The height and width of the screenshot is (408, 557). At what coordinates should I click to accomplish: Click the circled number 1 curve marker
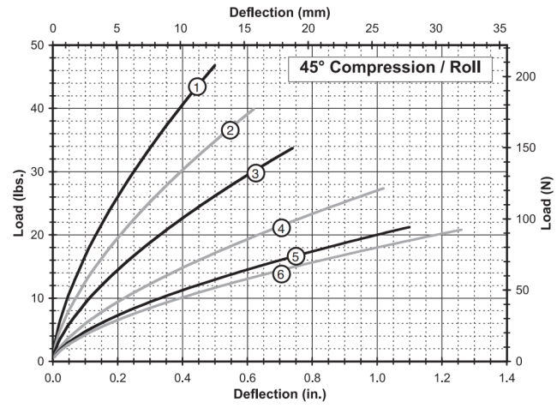coord(197,86)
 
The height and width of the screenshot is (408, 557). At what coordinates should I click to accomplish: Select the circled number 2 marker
coord(230,130)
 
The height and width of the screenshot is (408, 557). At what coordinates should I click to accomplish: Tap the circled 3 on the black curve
coord(255,173)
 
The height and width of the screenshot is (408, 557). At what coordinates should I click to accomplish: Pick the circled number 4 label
coord(280,228)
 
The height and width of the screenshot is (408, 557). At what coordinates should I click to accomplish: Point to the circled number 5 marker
coord(295,255)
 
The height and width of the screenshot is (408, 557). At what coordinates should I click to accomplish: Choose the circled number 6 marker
coord(280,273)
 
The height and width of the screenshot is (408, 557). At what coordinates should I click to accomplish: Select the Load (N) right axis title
coord(545,203)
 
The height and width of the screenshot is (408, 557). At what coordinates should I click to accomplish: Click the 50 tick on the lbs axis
coord(38,45)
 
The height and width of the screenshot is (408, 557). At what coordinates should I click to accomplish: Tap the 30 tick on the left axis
coord(38,171)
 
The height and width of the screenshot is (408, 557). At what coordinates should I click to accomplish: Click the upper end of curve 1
coord(215,65)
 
